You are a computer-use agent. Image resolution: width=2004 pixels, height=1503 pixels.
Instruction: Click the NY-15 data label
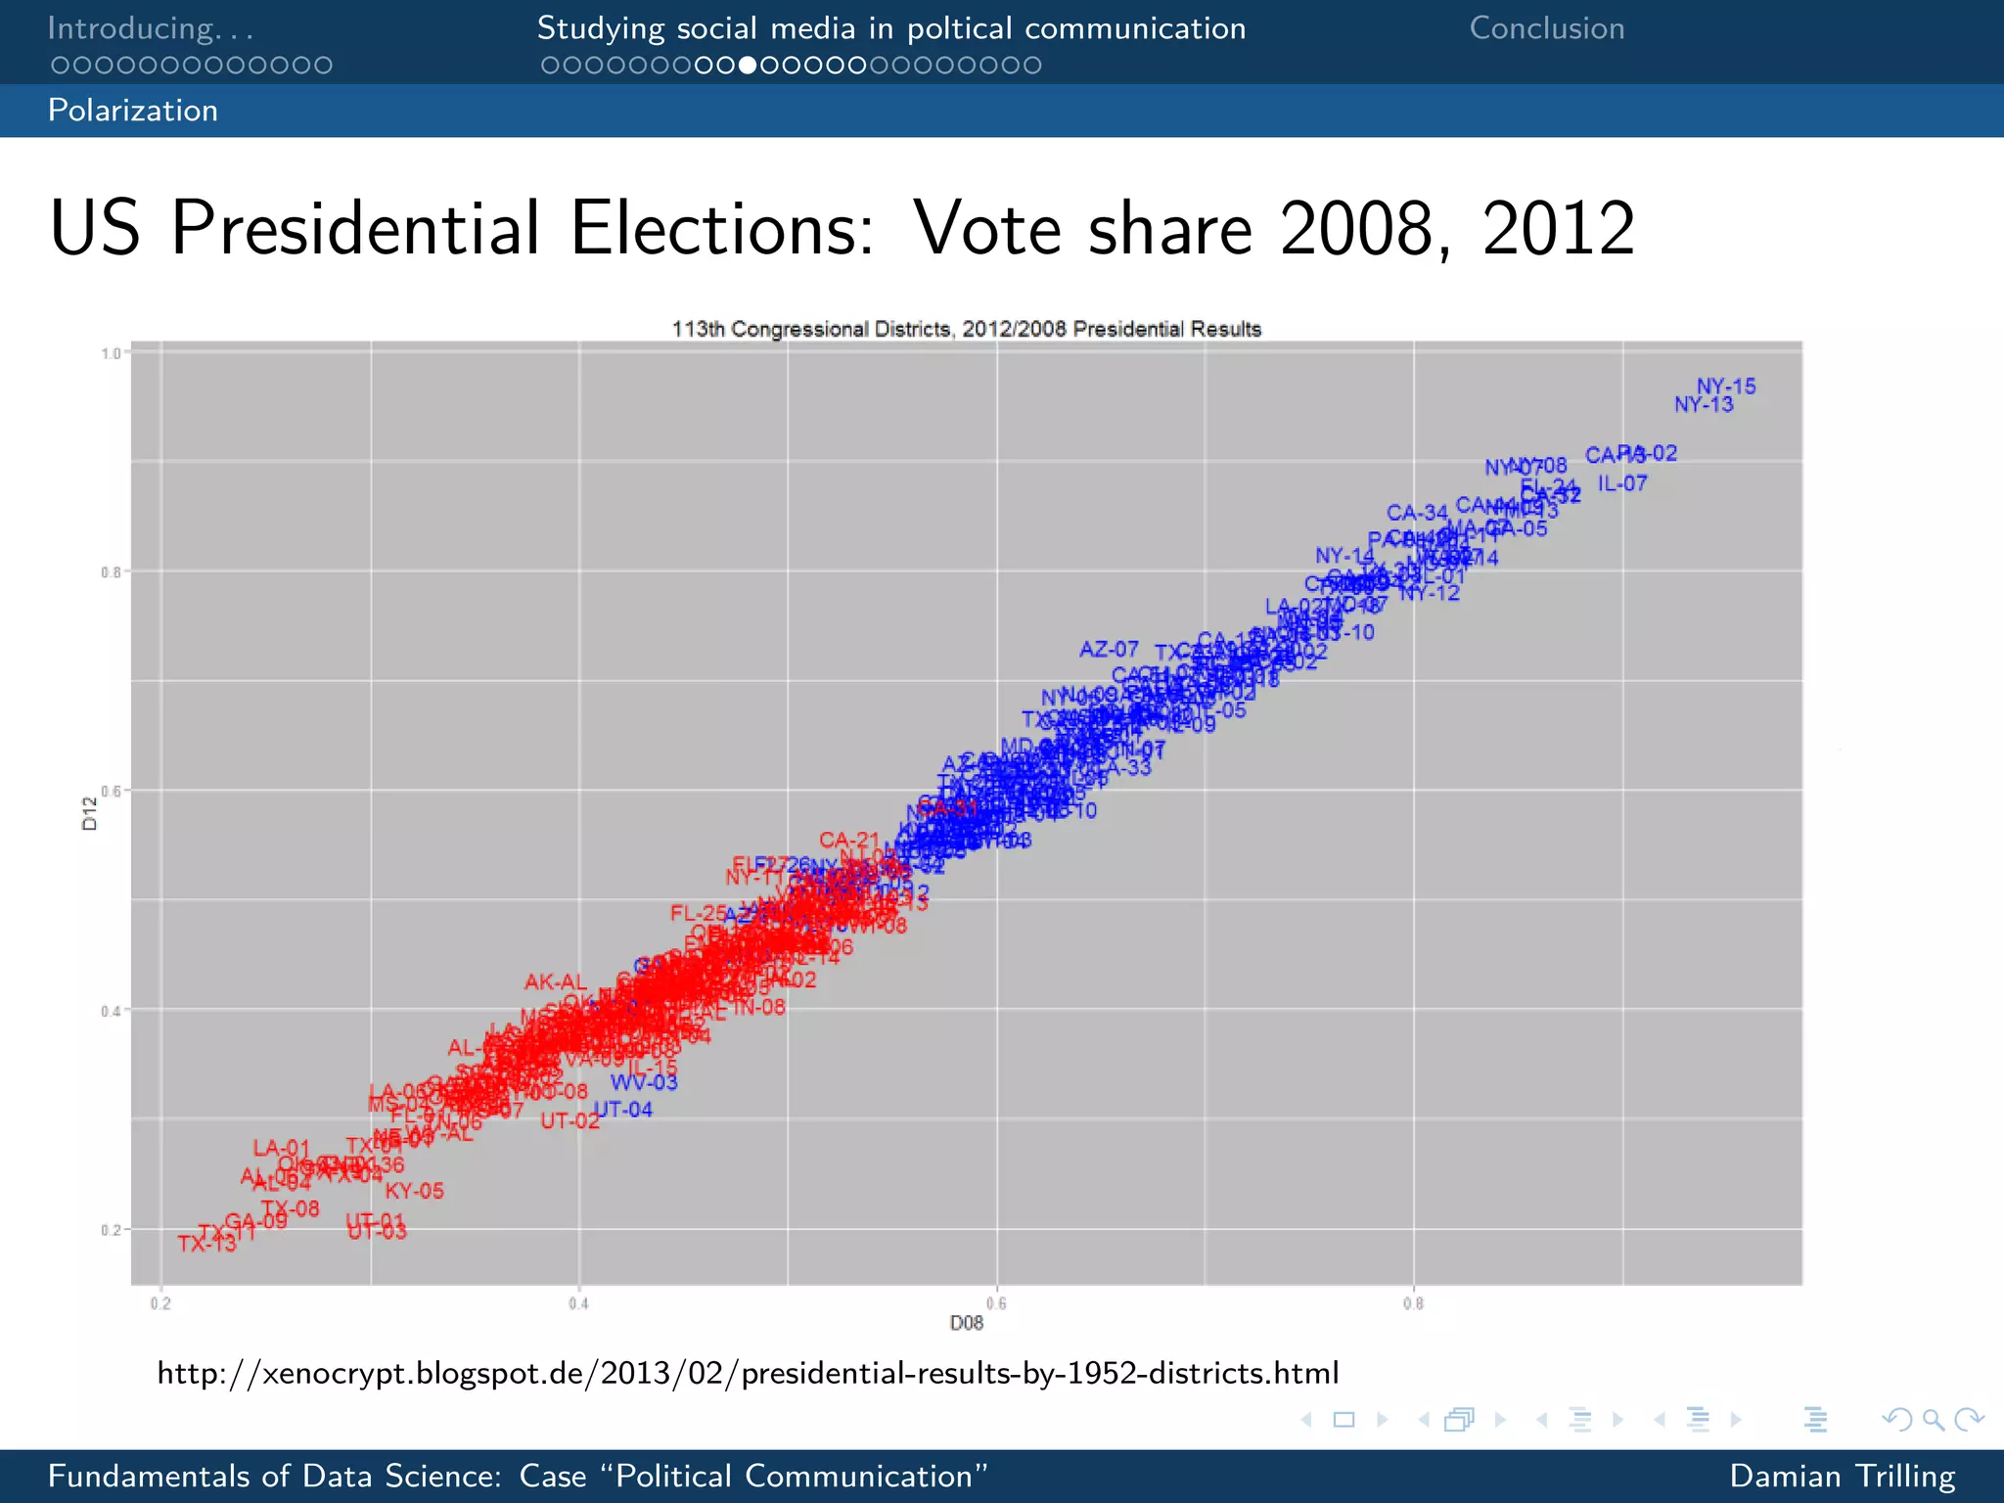1726,387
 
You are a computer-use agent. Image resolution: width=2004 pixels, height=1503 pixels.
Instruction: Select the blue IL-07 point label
1622,483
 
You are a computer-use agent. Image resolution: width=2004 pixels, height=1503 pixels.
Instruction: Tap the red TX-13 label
206,1244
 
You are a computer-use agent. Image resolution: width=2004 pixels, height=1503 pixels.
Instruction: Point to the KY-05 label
414,1191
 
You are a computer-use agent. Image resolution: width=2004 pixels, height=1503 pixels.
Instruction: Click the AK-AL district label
555,981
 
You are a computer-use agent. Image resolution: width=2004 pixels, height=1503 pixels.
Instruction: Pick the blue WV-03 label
644,1082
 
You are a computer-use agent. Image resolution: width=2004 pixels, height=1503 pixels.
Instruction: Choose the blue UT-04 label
623,1110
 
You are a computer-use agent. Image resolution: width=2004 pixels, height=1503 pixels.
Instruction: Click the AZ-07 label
1109,650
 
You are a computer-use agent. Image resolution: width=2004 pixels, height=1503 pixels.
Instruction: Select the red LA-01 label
281,1148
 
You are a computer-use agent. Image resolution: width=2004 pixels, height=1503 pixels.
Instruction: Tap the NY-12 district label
1430,593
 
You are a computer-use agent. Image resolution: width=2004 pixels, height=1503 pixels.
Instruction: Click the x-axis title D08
966,1323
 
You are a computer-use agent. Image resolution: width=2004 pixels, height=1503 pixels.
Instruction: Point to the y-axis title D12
90,813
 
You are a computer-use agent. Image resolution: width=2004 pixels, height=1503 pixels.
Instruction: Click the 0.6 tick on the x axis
996,1303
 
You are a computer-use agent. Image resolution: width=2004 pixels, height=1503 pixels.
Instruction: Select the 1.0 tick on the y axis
111,353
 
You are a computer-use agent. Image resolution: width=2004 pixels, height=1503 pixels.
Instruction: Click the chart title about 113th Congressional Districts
966,329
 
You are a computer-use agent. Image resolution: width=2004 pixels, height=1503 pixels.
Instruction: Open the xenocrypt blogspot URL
748,1373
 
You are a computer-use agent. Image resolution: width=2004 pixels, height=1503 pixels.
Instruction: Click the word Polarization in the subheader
133,111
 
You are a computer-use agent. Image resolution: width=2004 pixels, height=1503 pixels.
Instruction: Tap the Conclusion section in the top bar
1546,28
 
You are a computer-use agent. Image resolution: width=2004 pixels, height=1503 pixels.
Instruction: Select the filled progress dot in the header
748,66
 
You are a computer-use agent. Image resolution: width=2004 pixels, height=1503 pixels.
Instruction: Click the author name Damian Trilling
1842,1476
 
